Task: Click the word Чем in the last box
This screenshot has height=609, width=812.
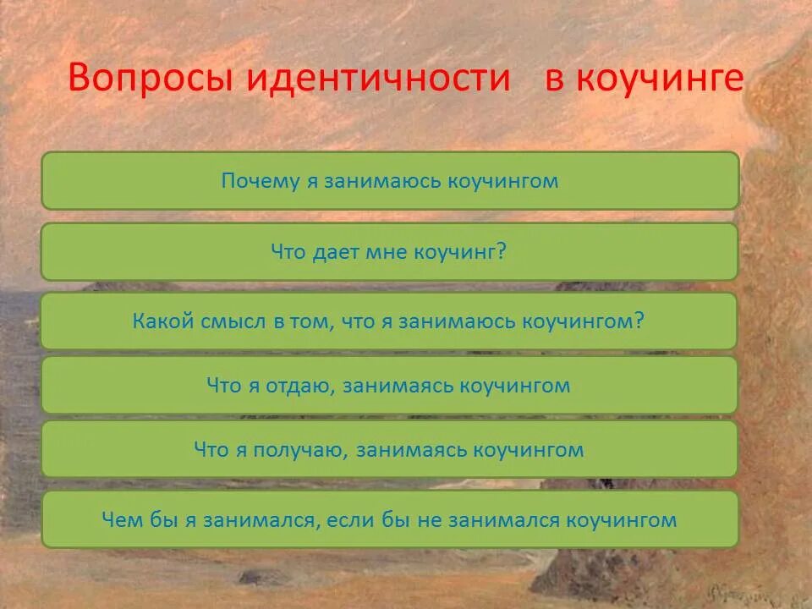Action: (118, 519)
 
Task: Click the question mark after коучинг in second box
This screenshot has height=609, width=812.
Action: (502, 251)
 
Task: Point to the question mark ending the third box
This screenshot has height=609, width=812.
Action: (639, 321)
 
